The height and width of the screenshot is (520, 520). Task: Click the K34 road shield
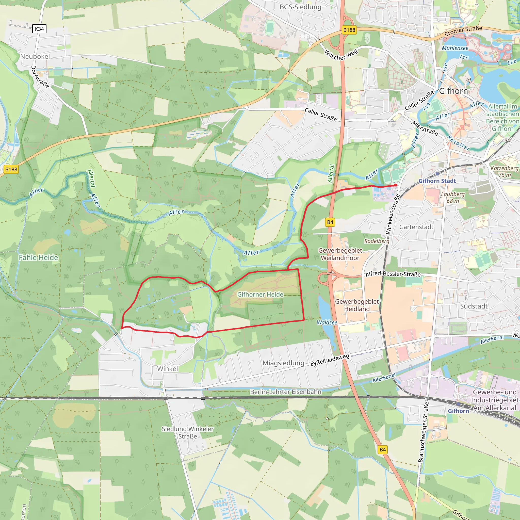pyautogui.click(x=39, y=29)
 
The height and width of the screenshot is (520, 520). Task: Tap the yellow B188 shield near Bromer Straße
pyautogui.click(x=349, y=30)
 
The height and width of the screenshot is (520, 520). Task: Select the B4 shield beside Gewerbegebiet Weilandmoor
pyautogui.click(x=330, y=222)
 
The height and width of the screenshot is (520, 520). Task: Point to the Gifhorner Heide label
pyautogui.click(x=260, y=295)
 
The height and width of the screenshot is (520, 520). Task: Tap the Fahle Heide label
pyautogui.click(x=38, y=257)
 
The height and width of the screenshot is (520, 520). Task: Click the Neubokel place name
pyautogui.click(x=35, y=57)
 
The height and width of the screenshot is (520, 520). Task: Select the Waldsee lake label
pyautogui.click(x=327, y=322)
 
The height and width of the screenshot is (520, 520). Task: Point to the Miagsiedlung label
pyautogui.click(x=283, y=363)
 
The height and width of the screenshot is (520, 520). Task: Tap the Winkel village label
pyautogui.click(x=167, y=369)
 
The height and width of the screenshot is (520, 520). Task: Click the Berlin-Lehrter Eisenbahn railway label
pyautogui.click(x=286, y=392)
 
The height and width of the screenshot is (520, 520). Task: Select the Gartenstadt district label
pyautogui.click(x=416, y=227)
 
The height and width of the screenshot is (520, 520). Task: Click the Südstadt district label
pyautogui.click(x=474, y=306)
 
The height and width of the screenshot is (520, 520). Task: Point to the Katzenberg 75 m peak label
pyautogui.click(x=505, y=171)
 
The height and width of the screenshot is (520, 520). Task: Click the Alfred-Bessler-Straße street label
pyautogui.click(x=393, y=274)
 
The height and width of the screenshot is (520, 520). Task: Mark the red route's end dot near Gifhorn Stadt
pyautogui.click(x=396, y=185)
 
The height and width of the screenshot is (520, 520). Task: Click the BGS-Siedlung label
pyautogui.click(x=300, y=7)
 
